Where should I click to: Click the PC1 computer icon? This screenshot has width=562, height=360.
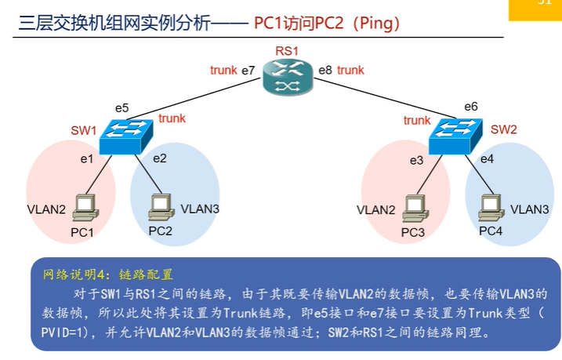tap(84, 208)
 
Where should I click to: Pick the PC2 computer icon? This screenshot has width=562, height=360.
tap(161, 206)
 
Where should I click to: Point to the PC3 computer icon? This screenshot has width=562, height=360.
tap(413, 208)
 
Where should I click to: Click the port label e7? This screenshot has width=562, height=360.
tap(248, 71)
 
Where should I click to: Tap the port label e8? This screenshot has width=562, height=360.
tap(325, 71)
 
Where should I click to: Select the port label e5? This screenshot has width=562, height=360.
tap(121, 107)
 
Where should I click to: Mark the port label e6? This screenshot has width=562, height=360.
tap(470, 107)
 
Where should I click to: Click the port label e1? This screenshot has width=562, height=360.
tap(86, 159)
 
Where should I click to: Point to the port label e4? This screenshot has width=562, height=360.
tap(487, 159)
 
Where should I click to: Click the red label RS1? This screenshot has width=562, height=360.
tap(286, 51)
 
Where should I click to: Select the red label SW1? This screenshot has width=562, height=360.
tap(82, 129)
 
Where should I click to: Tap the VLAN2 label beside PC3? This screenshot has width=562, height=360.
tap(376, 210)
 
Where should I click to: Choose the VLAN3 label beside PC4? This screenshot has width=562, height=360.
tap(530, 209)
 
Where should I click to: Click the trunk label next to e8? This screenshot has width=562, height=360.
tap(350, 70)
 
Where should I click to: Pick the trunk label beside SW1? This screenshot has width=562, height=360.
tap(172, 118)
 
